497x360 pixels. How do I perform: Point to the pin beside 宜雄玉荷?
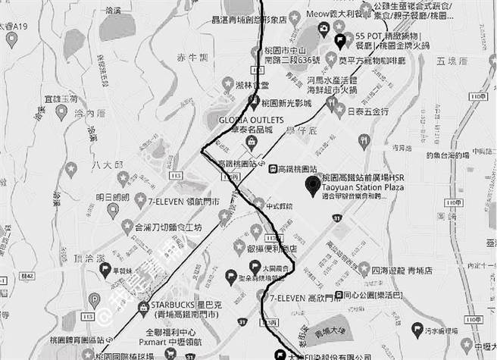61,112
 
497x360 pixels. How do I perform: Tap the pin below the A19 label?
11,39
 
